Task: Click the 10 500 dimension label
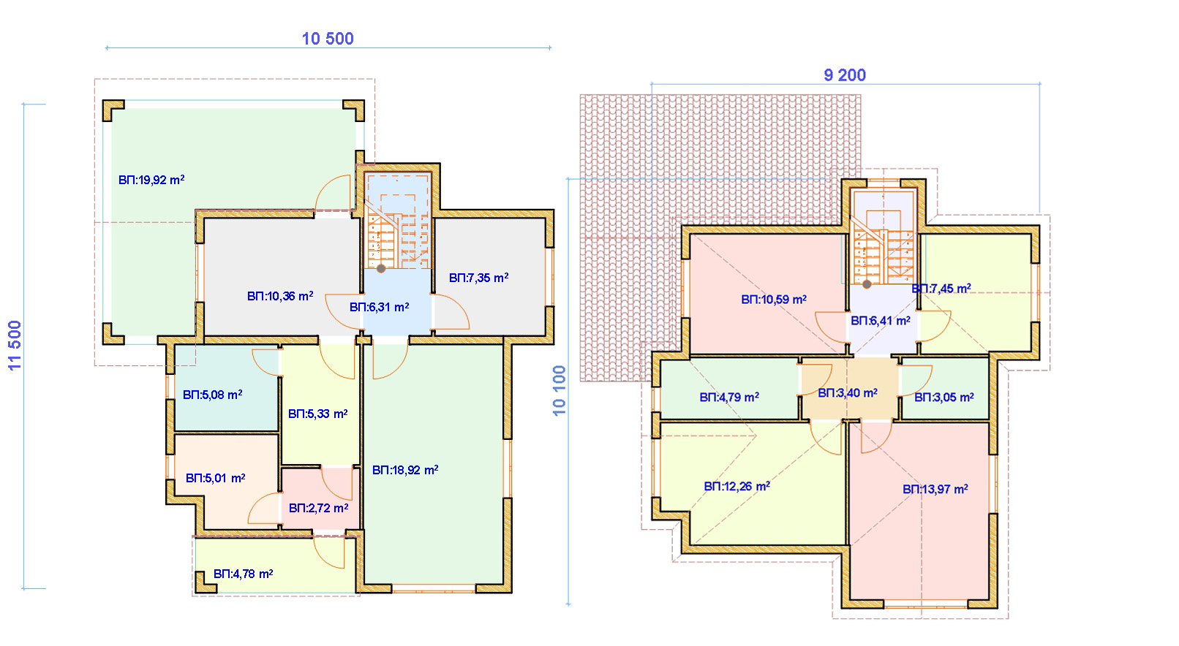pos(328,39)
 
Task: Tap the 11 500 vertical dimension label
pos(15,346)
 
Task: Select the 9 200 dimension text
pos(845,75)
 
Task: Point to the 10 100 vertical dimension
pos(559,390)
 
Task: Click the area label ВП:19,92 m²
pos(151,180)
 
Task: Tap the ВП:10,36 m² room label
pos(280,296)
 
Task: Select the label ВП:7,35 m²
pos(478,278)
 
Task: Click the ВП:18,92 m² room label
pos(405,470)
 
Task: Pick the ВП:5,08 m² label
pos(213,395)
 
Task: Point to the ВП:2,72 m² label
pos(318,508)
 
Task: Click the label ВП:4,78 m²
pos(243,574)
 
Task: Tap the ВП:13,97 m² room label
pos(935,489)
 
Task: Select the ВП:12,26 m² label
pos(737,486)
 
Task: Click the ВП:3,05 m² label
pos(943,398)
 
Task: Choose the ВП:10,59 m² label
pos(774,300)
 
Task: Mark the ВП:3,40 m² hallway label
pos(848,393)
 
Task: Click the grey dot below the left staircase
pos(381,268)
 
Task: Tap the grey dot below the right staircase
pos(867,284)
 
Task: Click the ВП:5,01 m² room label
pos(215,478)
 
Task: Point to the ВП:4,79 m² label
pos(729,398)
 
